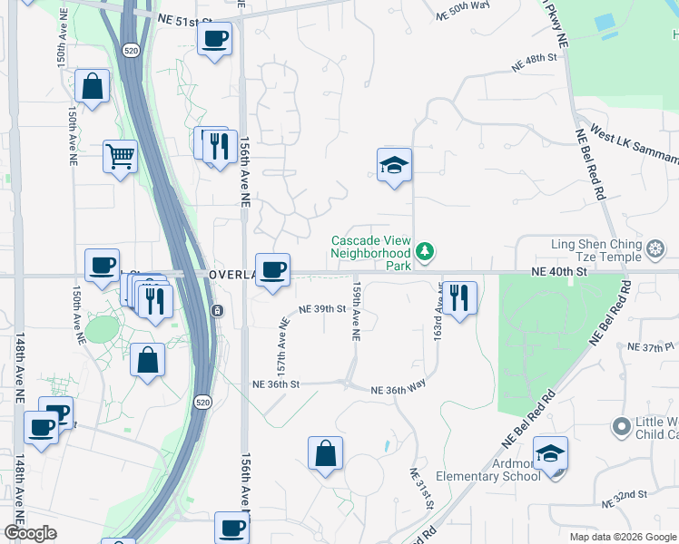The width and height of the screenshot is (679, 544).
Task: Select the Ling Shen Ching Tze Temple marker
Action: tap(656, 248)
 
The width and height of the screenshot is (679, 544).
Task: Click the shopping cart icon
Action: tap(119, 157)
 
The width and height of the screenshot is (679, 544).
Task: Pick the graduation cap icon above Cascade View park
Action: tap(394, 165)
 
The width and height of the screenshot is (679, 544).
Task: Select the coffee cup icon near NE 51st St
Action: tap(214, 39)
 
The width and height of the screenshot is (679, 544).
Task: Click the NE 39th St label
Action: tap(322, 309)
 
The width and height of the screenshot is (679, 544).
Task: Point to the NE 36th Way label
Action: tap(398, 388)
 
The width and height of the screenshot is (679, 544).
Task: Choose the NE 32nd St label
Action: tap(629, 495)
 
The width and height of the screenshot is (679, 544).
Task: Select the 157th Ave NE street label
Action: tap(282, 345)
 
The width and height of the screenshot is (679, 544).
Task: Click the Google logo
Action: tap(30, 533)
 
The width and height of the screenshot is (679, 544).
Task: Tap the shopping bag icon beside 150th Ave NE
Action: tap(93, 87)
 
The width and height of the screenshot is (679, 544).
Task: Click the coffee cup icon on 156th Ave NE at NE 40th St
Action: tap(272, 269)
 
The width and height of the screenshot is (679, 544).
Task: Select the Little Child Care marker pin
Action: tap(621, 425)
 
